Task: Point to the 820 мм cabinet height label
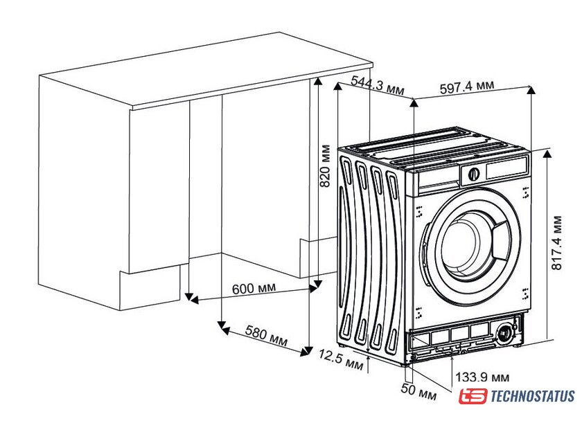tap(324, 166)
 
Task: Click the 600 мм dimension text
tap(253, 289)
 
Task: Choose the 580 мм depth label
tap(266, 337)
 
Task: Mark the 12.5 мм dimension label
tap(341, 359)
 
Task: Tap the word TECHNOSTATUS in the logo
tap(532, 397)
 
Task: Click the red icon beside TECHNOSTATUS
tap(473, 397)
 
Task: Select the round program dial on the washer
tap(473, 174)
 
